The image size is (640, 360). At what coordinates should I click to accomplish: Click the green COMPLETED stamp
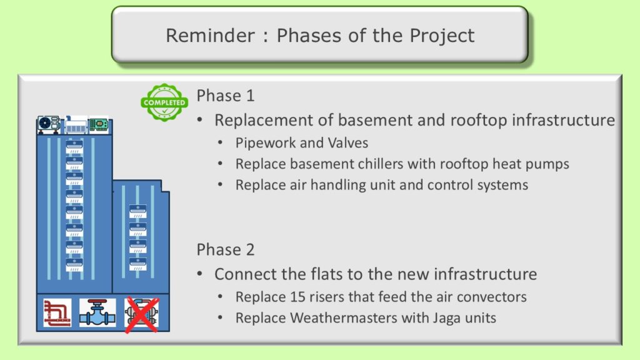pyautogui.click(x=164, y=102)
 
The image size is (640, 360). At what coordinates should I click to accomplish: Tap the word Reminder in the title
pyautogui.click(x=210, y=36)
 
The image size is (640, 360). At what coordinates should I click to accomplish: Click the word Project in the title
pyautogui.click(x=442, y=36)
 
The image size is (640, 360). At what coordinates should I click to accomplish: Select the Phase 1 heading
pyautogui.click(x=225, y=96)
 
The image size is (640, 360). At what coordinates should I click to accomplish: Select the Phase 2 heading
pyautogui.click(x=225, y=250)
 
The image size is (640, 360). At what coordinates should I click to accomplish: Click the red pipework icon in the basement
pyautogui.click(x=57, y=313)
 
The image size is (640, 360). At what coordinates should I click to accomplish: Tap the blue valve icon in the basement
pyautogui.click(x=97, y=313)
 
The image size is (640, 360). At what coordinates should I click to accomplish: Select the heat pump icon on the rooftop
pyautogui.click(x=49, y=124)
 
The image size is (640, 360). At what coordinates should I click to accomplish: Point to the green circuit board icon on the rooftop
pyautogui.click(x=99, y=124)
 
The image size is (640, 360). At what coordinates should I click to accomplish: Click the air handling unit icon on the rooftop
pyautogui.click(x=76, y=125)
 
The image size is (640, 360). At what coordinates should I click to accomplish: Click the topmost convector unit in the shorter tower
pyautogui.click(x=138, y=211)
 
